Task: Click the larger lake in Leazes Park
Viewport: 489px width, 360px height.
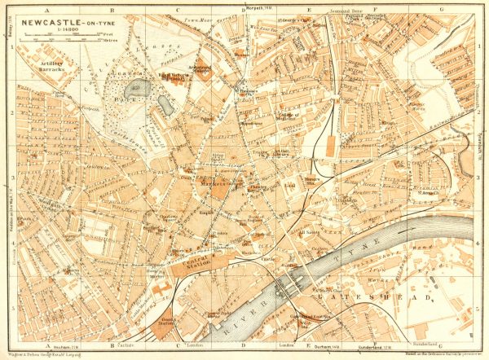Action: pos(137,87)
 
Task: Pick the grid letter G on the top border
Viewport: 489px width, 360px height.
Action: pos(440,10)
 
